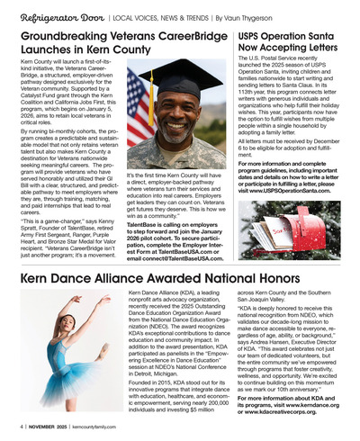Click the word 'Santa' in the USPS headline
point(328,33)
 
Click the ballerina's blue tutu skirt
point(62,360)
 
